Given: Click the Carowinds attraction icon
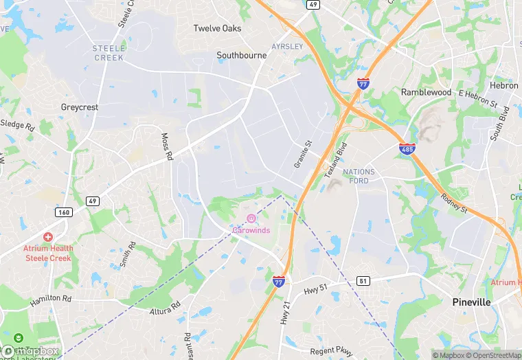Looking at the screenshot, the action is pyautogui.click(x=251, y=218).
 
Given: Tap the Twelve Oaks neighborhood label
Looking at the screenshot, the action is pyautogui.click(x=217, y=28).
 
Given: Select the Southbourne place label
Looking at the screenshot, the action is pyautogui.click(x=241, y=55).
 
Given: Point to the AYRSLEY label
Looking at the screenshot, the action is pyautogui.click(x=287, y=46).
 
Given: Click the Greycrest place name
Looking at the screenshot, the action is pyautogui.click(x=80, y=107).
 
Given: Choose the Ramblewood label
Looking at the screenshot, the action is pyautogui.click(x=426, y=92).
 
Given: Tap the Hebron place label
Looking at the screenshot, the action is pyautogui.click(x=504, y=85).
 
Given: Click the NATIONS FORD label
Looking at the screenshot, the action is pyautogui.click(x=359, y=176).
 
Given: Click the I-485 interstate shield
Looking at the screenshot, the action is pyautogui.click(x=407, y=148).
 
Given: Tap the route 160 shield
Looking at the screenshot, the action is pyautogui.click(x=64, y=212).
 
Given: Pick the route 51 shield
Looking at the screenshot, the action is pyautogui.click(x=363, y=280).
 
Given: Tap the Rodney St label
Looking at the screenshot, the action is pyautogui.click(x=454, y=201).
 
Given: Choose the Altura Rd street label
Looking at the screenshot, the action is pyautogui.click(x=165, y=308).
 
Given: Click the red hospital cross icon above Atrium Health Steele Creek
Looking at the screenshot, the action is pyautogui.click(x=48, y=237).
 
